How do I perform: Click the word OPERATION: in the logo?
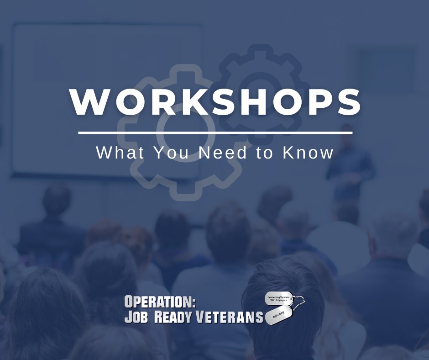(x=160, y=302)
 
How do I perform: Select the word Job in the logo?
(x=137, y=317)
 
